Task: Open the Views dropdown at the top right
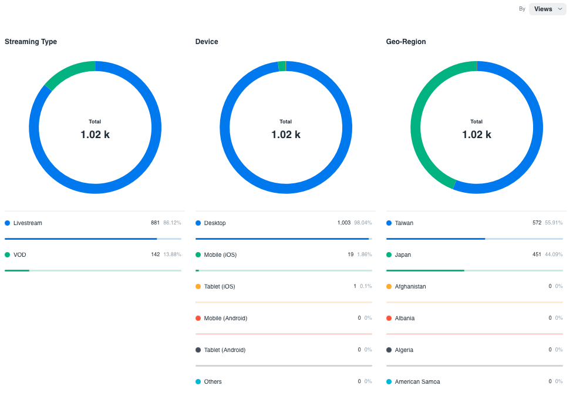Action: [547, 9]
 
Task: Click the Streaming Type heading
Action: [31, 42]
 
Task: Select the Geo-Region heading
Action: [406, 42]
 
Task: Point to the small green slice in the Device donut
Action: [282, 66]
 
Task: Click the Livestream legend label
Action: [28, 223]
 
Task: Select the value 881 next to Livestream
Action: [155, 223]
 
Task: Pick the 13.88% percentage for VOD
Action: [172, 255]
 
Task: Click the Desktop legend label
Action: [215, 223]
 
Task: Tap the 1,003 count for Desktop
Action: [344, 223]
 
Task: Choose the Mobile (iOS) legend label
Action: [220, 255]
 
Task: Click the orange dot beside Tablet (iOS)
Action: [198, 287]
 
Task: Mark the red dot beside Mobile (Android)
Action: [198, 318]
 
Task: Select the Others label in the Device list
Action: [213, 382]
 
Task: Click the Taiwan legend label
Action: [404, 223]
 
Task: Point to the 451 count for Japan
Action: [537, 255]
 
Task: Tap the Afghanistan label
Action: [410, 287]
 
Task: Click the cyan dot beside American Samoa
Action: [389, 382]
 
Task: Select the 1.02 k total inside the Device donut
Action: [286, 135]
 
